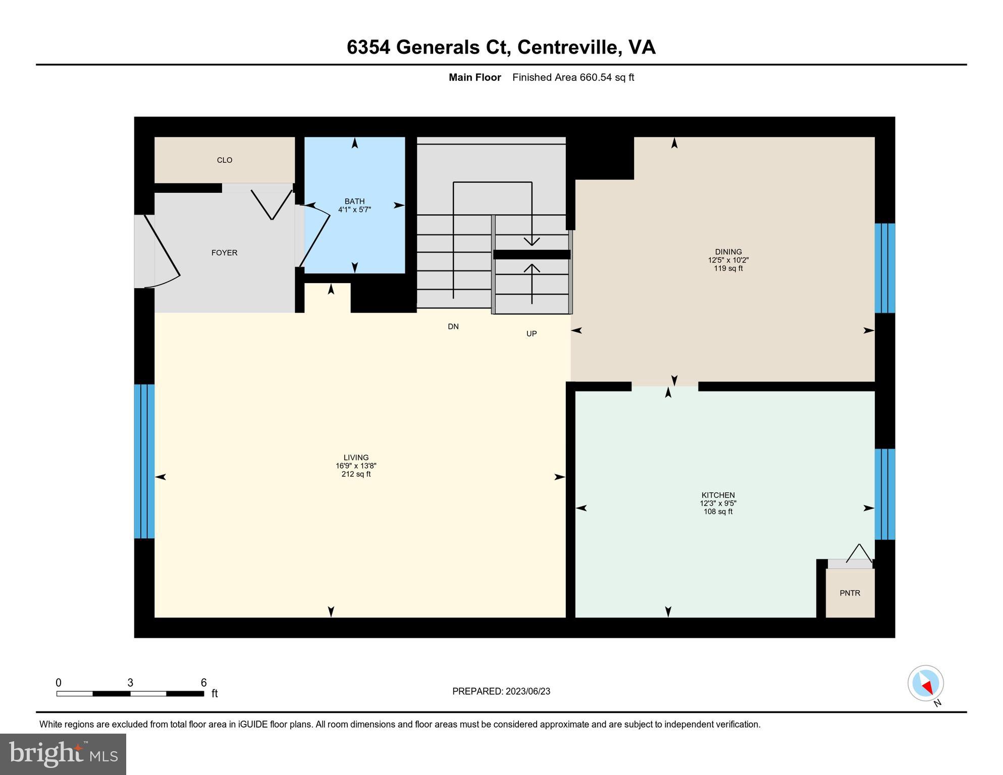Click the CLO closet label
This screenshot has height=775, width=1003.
point(225,160)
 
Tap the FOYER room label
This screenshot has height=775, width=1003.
point(224,253)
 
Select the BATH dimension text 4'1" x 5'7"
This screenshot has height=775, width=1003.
point(354,209)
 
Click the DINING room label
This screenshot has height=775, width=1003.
point(728,252)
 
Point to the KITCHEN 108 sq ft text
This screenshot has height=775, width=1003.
point(718,512)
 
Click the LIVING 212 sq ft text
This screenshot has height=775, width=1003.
point(356,474)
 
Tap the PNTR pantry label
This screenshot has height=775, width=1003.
point(850,593)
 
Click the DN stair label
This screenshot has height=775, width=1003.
point(453,326)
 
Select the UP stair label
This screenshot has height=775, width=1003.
point(531,334)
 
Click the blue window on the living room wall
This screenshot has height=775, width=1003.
point(144,461)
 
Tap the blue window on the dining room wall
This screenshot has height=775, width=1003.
point(884,268)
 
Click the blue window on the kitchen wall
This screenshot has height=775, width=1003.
point(884,494)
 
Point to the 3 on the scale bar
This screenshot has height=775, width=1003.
point(130,683)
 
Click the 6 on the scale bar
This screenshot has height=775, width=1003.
point(203,683)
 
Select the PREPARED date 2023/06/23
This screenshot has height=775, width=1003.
point(526,691)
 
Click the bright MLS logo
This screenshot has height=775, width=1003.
point(63,754)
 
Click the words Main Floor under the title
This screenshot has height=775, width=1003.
point(474,77)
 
